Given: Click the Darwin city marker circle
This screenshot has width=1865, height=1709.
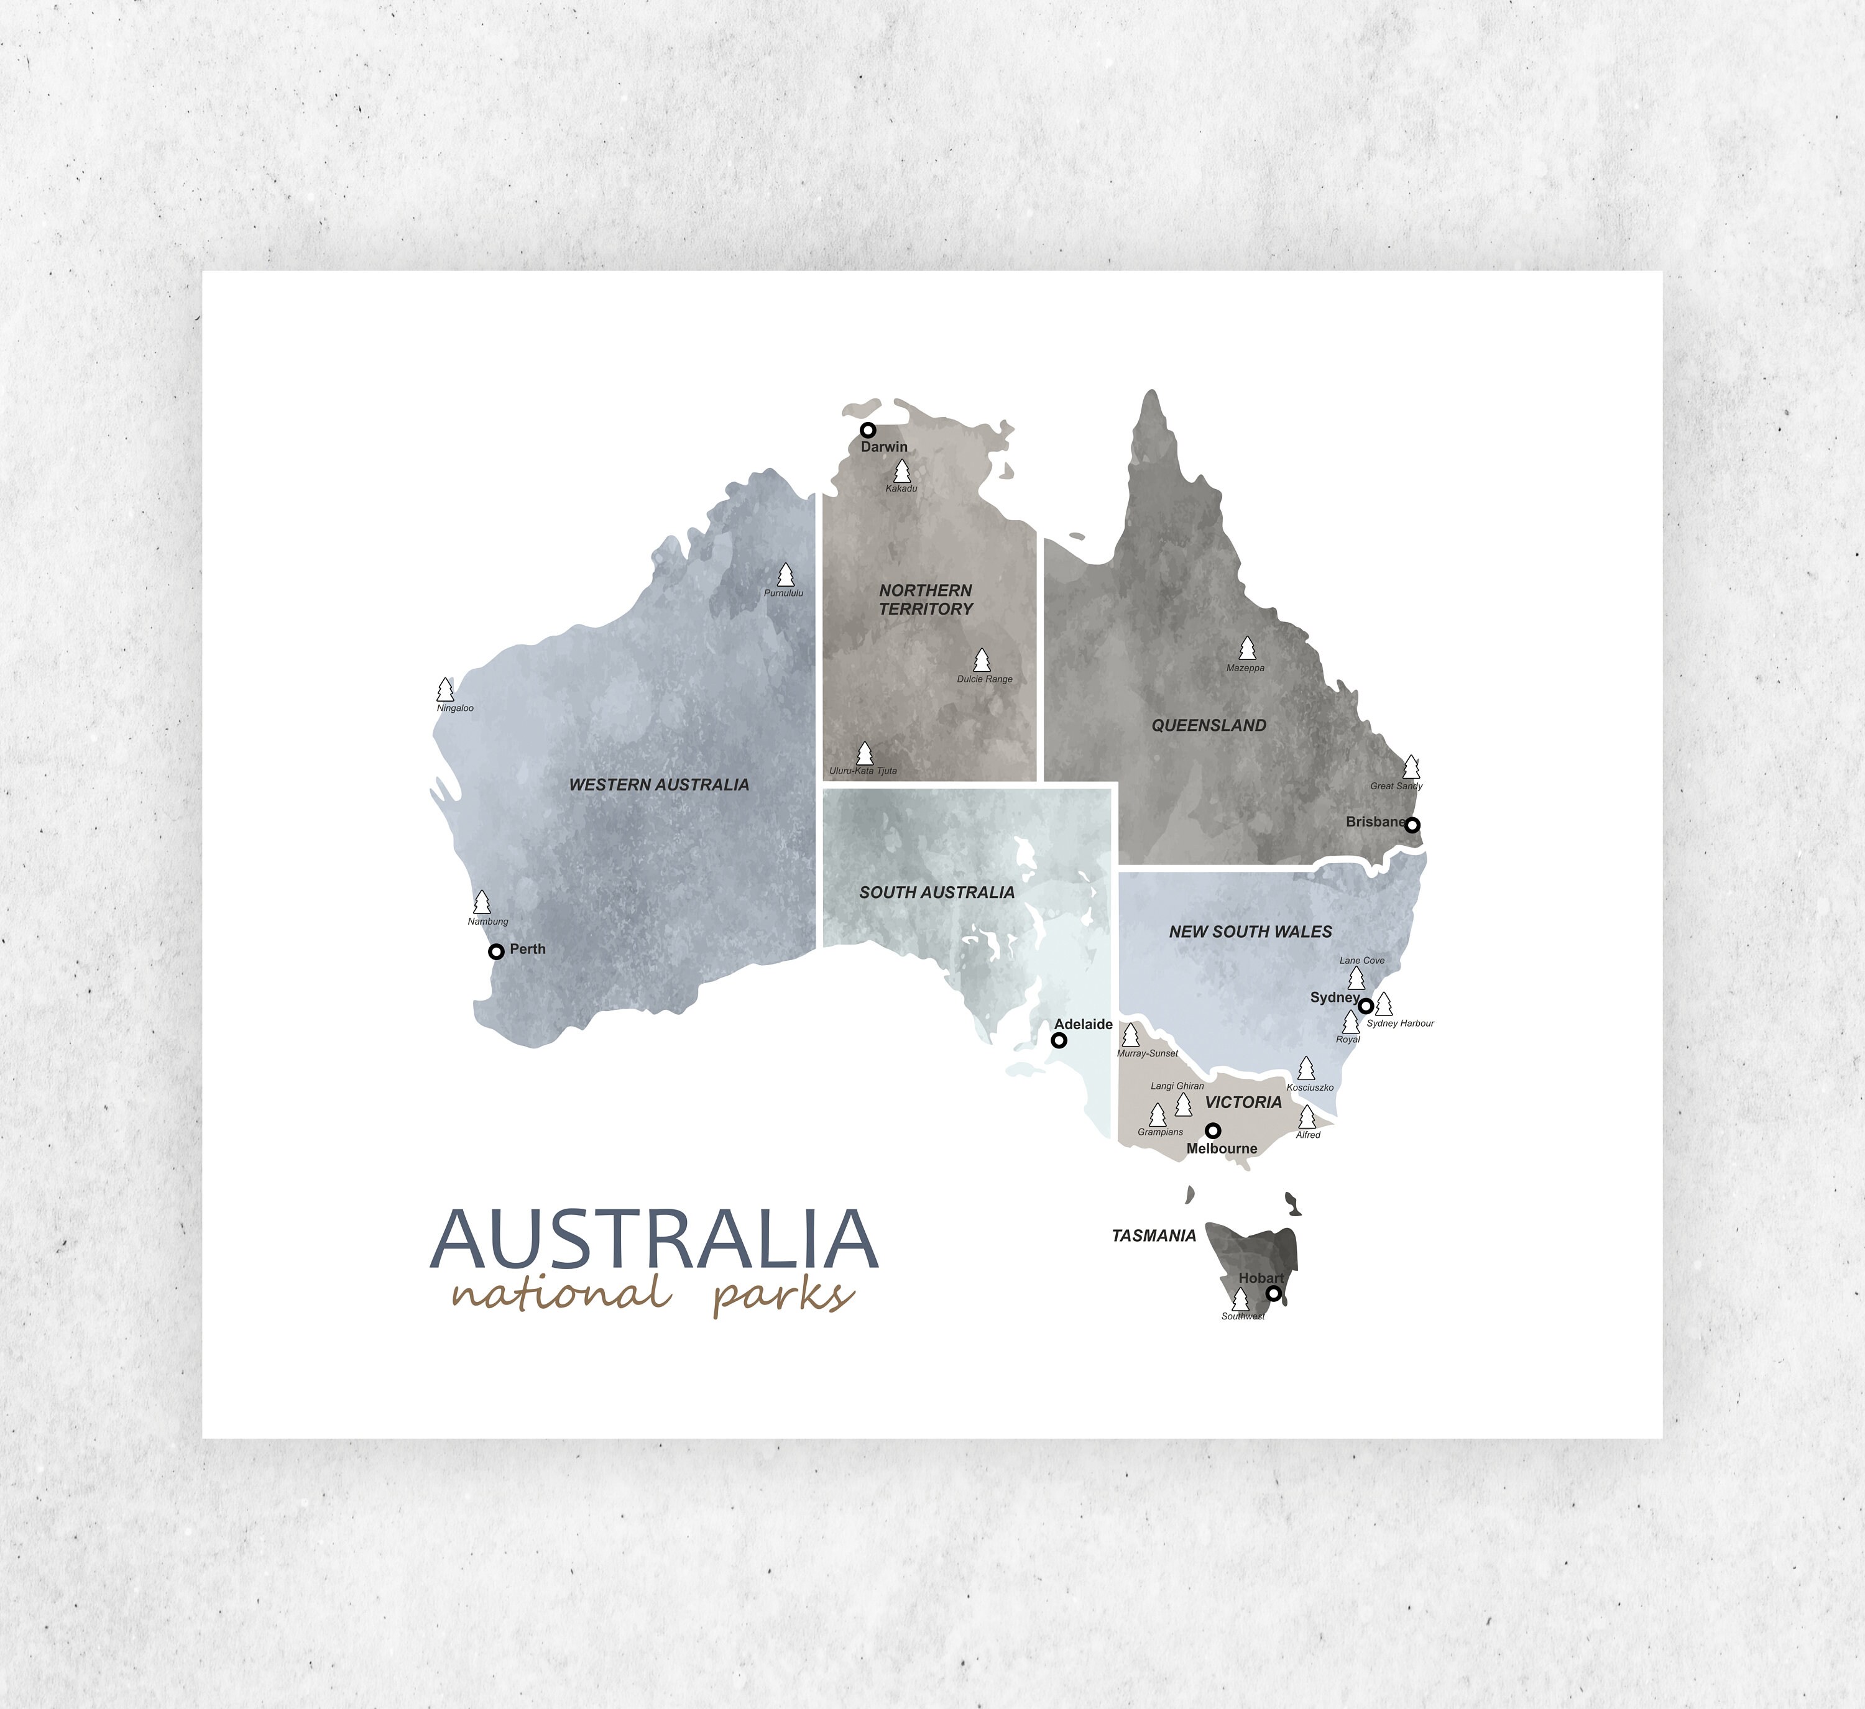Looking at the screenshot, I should point(868,430).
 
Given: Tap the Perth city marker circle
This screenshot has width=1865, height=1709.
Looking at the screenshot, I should point(496,951).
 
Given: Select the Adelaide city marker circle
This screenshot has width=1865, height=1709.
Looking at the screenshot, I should point(1059,1040).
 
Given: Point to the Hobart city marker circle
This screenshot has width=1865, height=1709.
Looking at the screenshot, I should point(1274,1294).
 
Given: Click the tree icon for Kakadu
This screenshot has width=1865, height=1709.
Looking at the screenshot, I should point(902,472).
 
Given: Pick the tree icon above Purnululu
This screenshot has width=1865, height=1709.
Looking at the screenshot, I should point(785,575).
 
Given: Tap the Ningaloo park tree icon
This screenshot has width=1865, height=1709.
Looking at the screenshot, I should point(445,690).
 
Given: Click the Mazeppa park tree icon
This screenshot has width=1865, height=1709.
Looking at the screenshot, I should point(1247,648).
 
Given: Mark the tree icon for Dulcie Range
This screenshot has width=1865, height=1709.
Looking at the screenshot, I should point(982,660).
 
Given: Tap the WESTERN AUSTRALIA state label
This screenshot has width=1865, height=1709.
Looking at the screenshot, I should point(659,785).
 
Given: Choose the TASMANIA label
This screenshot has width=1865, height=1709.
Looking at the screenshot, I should point(1154,1235).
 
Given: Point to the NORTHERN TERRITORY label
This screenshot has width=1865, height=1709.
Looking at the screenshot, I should point(926,599).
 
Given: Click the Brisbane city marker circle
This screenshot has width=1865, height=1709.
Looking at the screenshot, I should point(1412,825).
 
